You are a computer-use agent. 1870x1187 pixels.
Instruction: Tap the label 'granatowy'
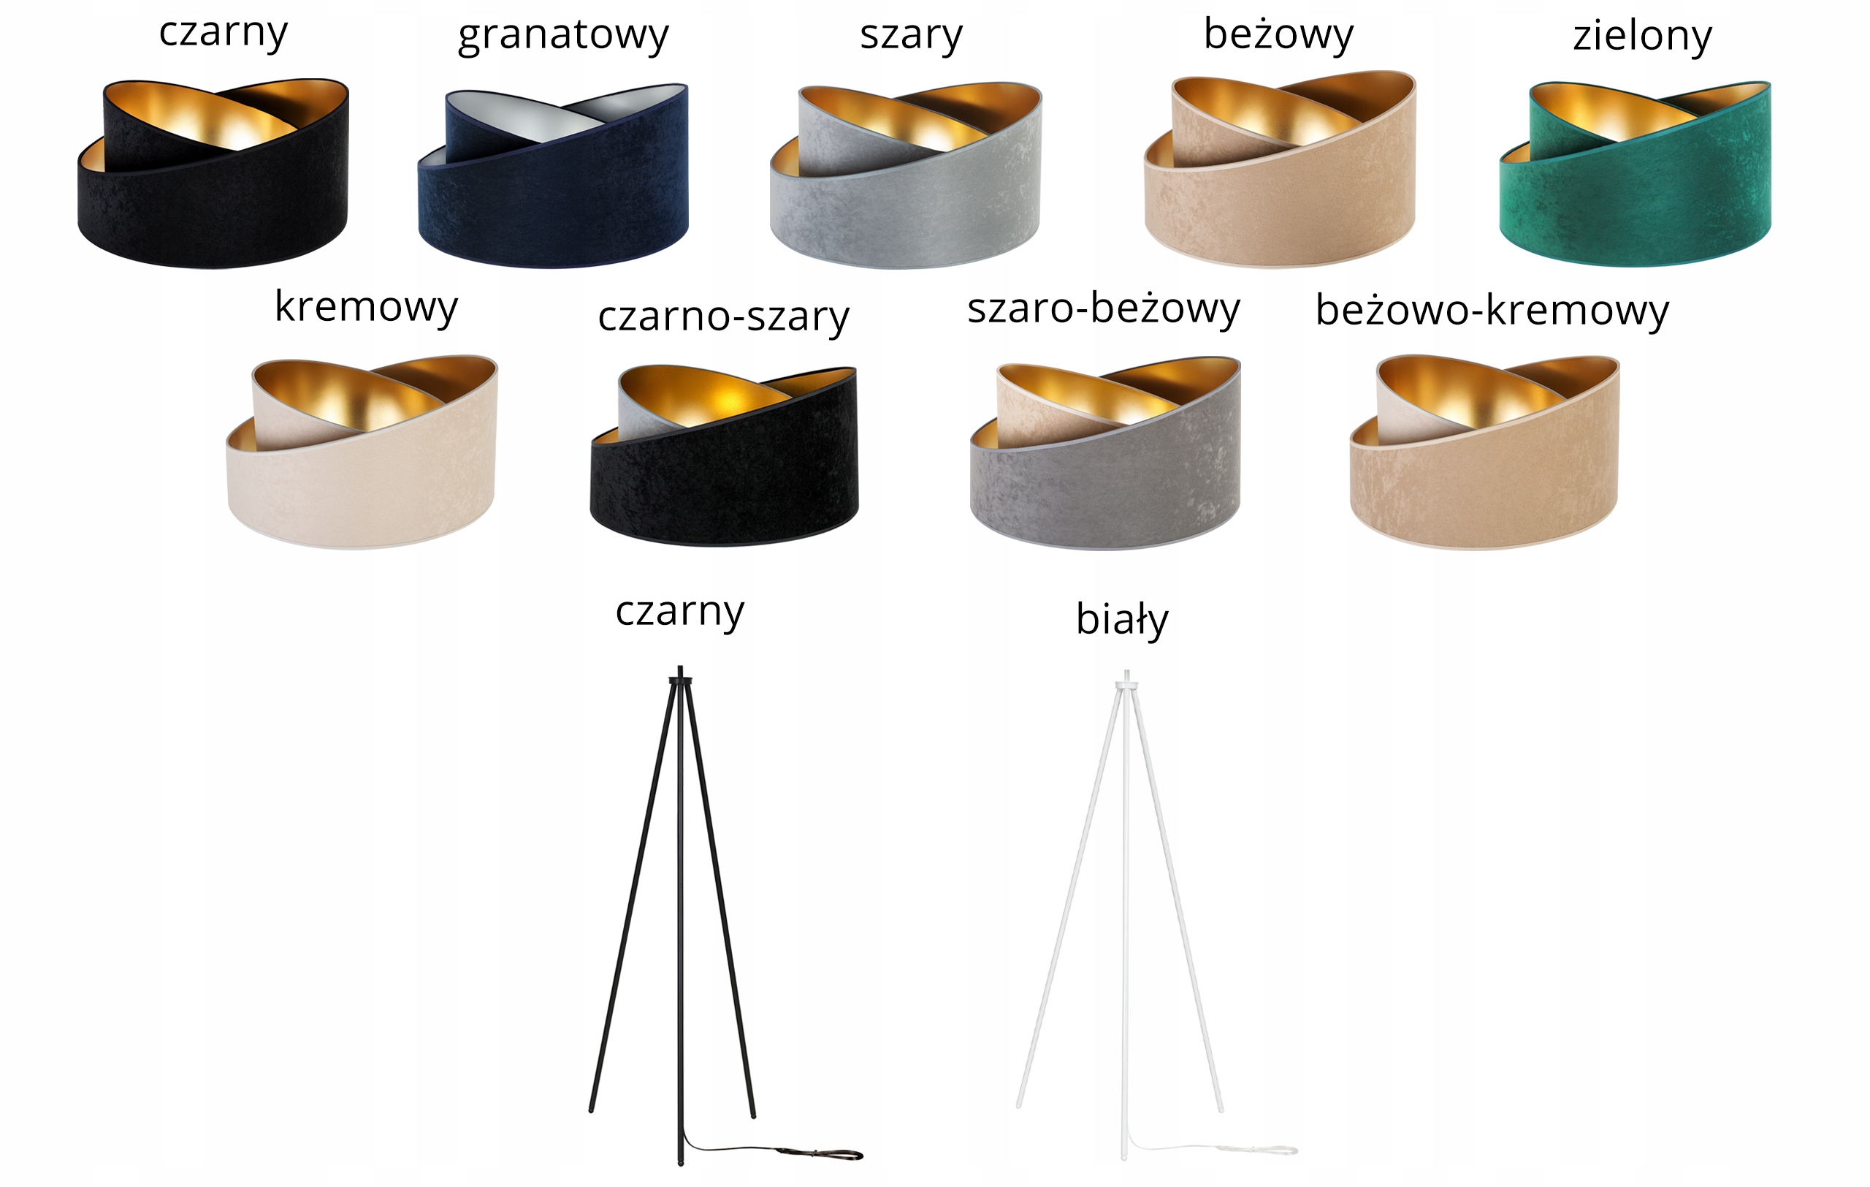point(563,36)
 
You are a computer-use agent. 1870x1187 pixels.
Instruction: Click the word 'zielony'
point(1641,36)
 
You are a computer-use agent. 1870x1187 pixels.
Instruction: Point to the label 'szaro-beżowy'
point(1103,309)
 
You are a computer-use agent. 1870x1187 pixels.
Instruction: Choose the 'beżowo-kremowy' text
point(1491,311)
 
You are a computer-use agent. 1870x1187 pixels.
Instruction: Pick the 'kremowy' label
point(366,307)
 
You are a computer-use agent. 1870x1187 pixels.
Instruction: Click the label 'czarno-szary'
point(723,317)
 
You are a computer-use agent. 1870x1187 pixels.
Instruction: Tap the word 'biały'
point(1121,620)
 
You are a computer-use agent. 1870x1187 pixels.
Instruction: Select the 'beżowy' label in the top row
point(1278,34)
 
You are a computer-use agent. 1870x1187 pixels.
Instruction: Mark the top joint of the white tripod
point(1126,685)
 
